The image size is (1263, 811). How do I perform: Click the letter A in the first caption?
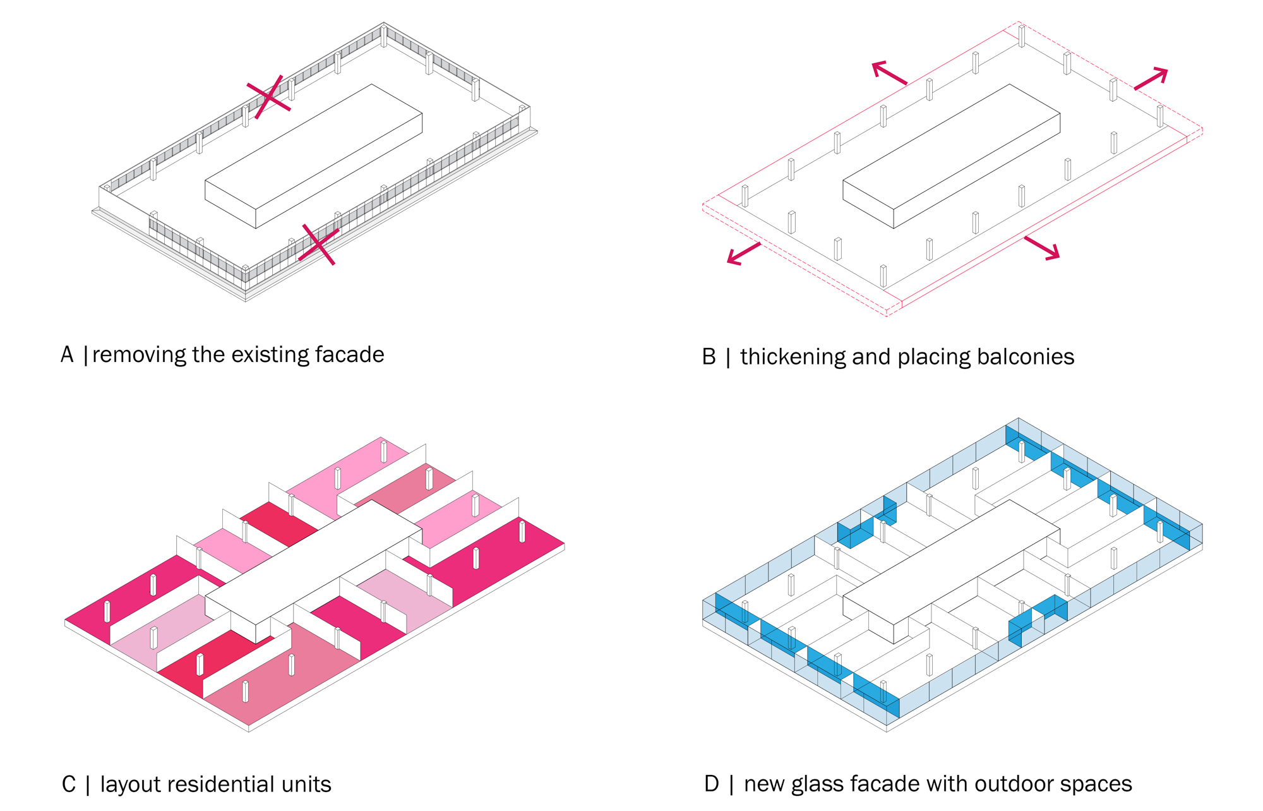pyautogui.click(x=68, y=355)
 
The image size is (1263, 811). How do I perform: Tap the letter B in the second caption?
pyautogui.click(x=709, y=357)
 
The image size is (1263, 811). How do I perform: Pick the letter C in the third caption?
pyautogui.click(x=69, y=785)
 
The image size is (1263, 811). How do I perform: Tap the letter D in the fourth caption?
pyautogui.click(x=712, y=784)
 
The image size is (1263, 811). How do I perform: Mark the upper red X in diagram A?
pyautogui.click(x=269, y=97)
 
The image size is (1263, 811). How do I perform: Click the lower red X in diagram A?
pyautogui.click(x=318, y=244)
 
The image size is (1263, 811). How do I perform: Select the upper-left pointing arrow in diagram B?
pyautogui.click(x=889, y=73)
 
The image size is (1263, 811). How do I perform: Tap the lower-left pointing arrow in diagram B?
pyautogui.click(x=743, y=253)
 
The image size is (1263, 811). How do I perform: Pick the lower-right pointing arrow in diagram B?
pyautogui.click(x=1042, y=248)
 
